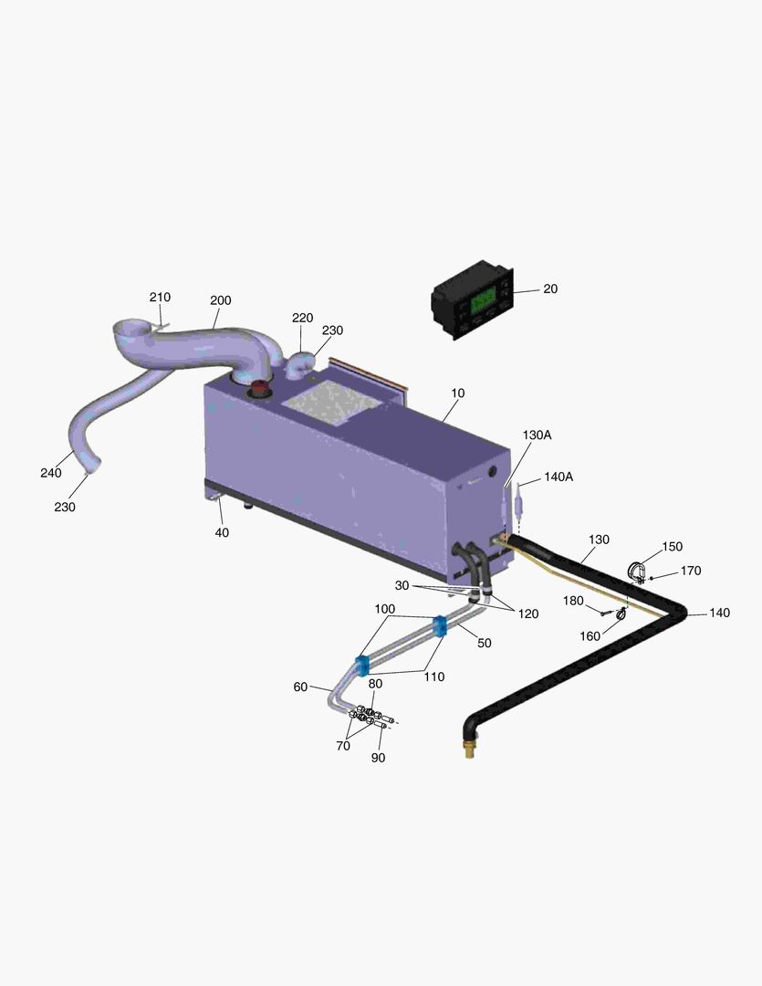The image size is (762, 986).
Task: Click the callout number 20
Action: (550, 288)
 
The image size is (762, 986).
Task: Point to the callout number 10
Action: (458, 393)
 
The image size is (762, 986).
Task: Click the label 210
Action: (160, 297)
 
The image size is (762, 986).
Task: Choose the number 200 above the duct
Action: (221, 300)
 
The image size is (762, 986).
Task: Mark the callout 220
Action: (302, 318)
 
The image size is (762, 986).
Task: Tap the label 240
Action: (51, 473)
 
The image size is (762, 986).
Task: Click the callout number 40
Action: (222, 532)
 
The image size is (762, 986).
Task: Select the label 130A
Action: (537, 435)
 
